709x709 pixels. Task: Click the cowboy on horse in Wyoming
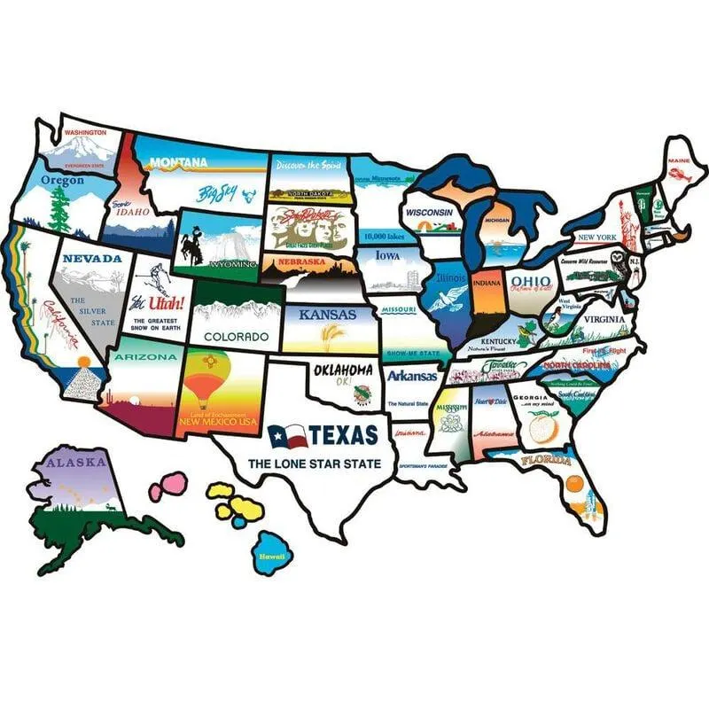191,245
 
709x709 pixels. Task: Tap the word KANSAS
327,315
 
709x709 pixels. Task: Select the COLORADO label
236,337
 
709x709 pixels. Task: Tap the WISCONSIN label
430,214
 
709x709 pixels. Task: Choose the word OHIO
530,281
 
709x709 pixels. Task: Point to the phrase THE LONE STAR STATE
314,464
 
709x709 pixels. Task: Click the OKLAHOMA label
341,370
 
